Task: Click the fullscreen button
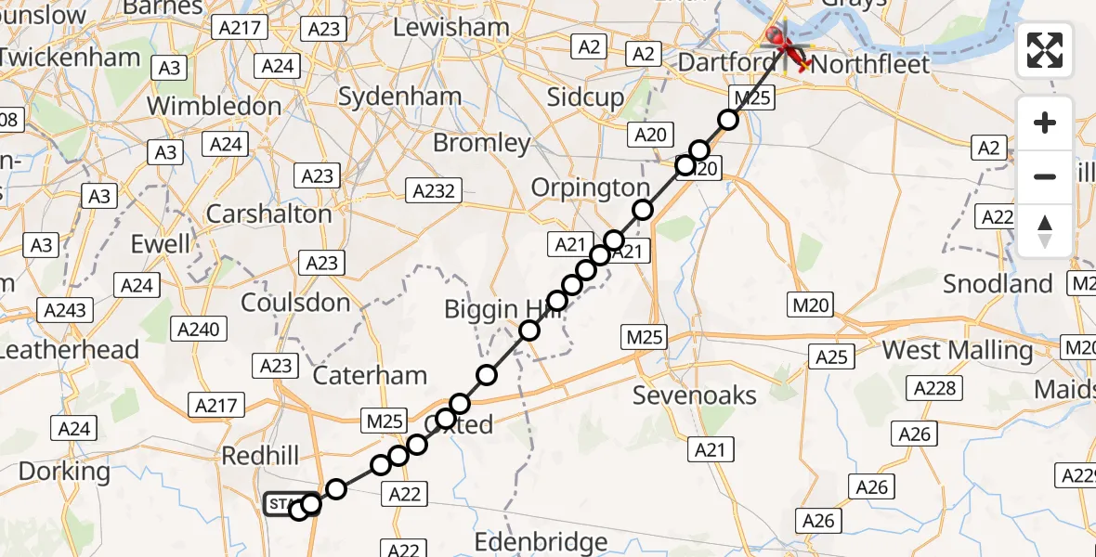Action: [x=1045, y=50]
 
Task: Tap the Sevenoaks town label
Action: [x=695, y=395]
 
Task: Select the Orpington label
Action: [x=590, y=188]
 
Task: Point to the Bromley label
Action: [x=481, y=144]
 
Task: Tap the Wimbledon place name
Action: [x=214, y=106]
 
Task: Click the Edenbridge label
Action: [x=541, y=541]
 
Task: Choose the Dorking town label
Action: [x=64, y=472]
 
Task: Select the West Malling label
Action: [x=957, y=351]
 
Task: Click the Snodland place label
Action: [x=998, y=284]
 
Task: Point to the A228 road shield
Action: [x=935, y=388]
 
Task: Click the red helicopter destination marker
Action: [x=786, y=46]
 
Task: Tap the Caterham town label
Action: [x=370, y=376]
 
